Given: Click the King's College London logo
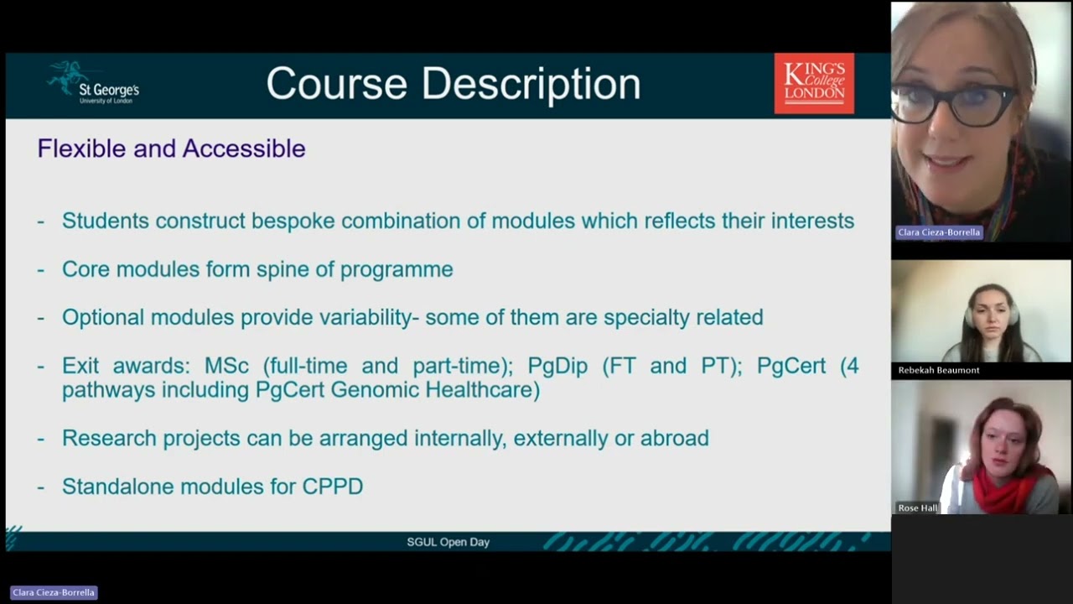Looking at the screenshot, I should [814, 83].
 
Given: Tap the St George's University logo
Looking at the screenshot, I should [93, 83].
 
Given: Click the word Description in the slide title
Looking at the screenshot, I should [531, 85].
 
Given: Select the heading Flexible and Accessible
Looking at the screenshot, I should [171, 148].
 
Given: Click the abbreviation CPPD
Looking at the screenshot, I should [333, 487].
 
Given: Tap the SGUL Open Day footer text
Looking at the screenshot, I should [448, 542].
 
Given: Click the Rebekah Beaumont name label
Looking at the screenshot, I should [939, 370].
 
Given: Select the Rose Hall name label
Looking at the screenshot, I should [917, 508].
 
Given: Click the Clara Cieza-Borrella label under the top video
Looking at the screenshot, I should [938, 232].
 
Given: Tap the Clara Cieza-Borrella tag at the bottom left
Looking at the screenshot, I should [54, 592].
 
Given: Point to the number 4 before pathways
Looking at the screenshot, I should [853, 366].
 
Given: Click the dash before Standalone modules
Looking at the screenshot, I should [41, 487].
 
